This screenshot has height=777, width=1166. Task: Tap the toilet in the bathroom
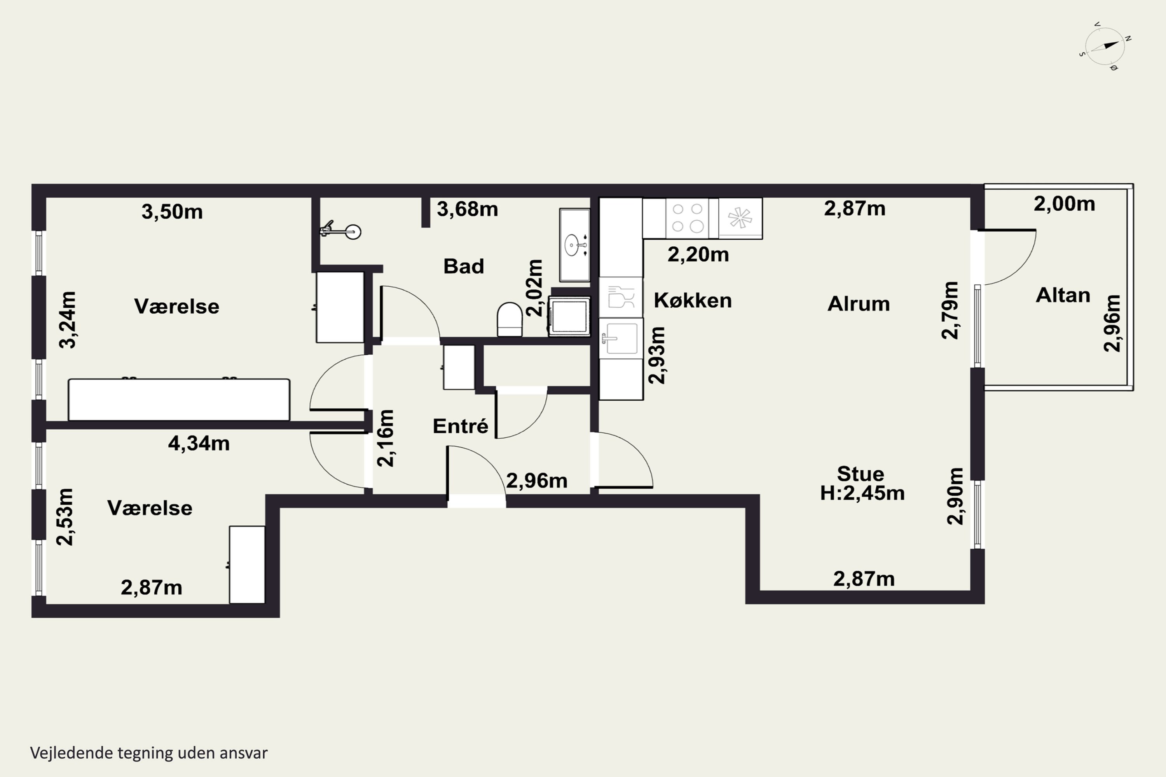(x=510, y=319)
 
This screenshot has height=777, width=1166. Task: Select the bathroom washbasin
(x=574, y=245)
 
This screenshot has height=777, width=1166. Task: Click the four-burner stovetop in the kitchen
(x=688, y=218)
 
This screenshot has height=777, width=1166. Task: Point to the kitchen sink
(x=621, y=338)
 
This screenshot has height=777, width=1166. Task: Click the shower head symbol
(x=340, y=231)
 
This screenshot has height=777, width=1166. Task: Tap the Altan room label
(x=1063, y=295)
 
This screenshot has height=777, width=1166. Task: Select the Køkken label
(x=693, y=300)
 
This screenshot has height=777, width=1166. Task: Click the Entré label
(x=460, y=426)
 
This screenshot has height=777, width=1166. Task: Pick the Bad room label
(x=464, y=266)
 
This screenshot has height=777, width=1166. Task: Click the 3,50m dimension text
(x=172, y=212)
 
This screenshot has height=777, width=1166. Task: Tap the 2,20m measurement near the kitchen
(x=698, y=255)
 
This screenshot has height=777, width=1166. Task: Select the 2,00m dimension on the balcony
(x=1065, y=204)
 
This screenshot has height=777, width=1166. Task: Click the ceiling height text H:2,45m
(x=862, y=493)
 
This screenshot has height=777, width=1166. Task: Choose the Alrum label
(x=859, y=304)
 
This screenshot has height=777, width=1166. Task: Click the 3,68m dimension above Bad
(x=467, y=209)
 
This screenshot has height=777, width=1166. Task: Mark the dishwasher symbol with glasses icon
(x=621, y=297)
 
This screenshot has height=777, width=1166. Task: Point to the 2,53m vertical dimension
(x=65, y=517)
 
